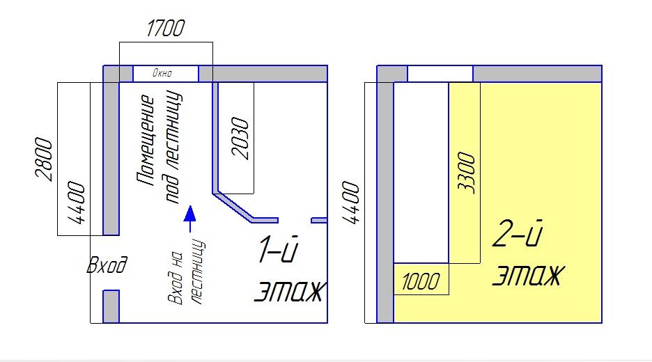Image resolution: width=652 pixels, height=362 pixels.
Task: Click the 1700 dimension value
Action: (165, 29)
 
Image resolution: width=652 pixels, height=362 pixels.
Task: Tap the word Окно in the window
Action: (165, 73)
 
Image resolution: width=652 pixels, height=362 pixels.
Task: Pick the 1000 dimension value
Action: (420, 281)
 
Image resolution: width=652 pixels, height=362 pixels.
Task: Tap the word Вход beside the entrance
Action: (106, 265)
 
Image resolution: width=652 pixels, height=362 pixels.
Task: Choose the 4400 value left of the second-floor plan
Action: (350, 202)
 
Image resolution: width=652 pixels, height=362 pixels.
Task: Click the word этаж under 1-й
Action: (287, 292)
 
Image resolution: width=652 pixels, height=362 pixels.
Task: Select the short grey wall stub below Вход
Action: (111, 306)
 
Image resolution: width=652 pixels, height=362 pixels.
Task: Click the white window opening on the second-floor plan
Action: (440, 74)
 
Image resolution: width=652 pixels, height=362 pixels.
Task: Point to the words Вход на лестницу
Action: (187, 271)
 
